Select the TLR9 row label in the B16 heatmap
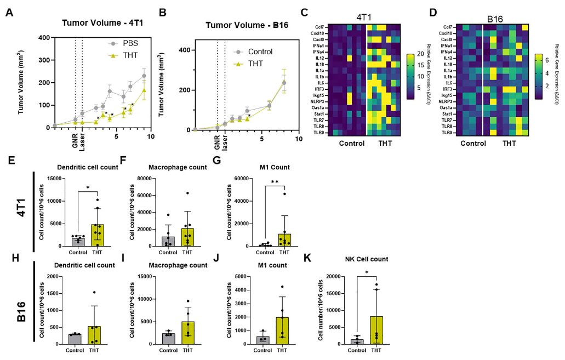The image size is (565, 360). (446, 133)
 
